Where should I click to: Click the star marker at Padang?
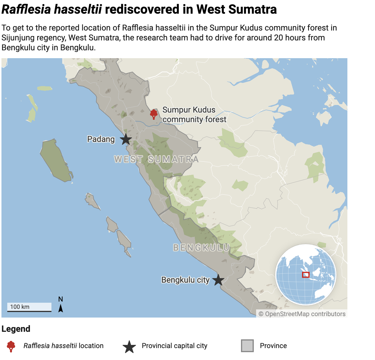pos(126,139)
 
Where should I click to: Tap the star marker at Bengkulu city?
pos(218,280)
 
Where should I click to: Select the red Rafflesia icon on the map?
pos(154,114)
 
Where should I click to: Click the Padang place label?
pos(101,139)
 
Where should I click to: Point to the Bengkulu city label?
pos(185,280)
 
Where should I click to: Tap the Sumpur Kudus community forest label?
pos(194,115)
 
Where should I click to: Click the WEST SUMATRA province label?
pos(156,159)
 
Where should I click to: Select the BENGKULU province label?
pos(201,247)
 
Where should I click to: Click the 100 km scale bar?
pos(29,307)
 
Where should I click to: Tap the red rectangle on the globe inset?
pos(306,275)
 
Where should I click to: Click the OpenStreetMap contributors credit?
pos(302,314)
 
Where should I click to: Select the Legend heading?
pos(16,329)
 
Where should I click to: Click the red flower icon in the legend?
pos(11,346)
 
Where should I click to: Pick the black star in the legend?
pos(129,346)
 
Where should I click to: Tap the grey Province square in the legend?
pos(247,346)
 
